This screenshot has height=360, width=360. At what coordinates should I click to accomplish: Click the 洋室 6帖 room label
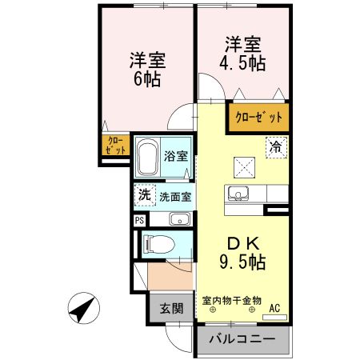[x=146, y=70]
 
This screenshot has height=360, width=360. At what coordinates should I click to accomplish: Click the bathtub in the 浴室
[x=148, y=159]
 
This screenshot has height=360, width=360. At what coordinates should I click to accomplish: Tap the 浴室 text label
[x=175, y=156]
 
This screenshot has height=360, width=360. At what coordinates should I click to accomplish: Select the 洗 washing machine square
[x=144, y=194]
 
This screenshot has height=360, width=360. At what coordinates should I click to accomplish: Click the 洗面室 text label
[x=174, y=195]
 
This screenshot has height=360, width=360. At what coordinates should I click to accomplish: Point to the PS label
[x=138, y=220]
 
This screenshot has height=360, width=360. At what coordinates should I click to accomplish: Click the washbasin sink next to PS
[x=179, y=220]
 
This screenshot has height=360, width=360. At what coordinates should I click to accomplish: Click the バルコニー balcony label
[x=242, y=339]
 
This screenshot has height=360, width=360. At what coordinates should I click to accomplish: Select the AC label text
[x=274, y=306]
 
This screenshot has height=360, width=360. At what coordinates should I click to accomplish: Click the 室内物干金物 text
[x=232, y=300]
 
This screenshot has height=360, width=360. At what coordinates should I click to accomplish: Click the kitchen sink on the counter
[x=239, y=193]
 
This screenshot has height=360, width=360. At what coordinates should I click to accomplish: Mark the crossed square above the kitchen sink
[x=242, y=166]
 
